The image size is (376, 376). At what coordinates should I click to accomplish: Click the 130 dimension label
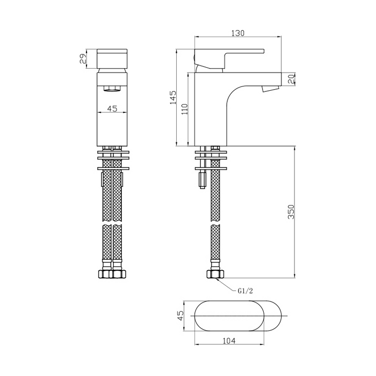click(x=237, y=33)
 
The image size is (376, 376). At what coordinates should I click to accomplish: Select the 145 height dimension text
click(x=172, y=98)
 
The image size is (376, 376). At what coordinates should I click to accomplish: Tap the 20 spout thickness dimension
click(x=291, y=79)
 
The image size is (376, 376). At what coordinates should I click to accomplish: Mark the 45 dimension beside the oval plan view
click(x=181, y=315)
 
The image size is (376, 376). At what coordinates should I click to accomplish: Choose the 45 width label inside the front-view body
click(x=112, y=109)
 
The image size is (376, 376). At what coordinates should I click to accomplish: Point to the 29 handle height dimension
click(x=84, y=59)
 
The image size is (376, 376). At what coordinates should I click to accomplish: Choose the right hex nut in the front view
click(x=119, y=274)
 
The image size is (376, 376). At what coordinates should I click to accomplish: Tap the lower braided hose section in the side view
click(x=215, y=244)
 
